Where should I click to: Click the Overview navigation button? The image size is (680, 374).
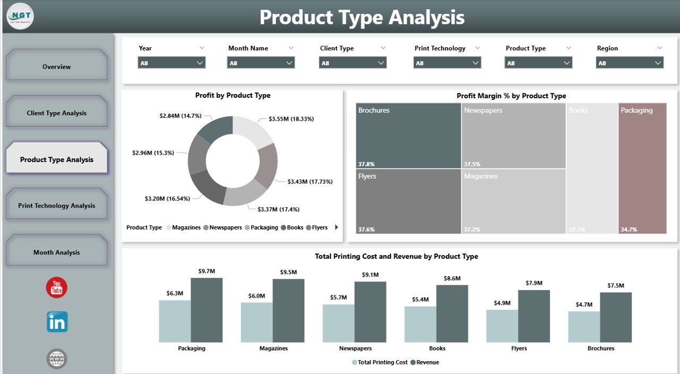coord(56,66)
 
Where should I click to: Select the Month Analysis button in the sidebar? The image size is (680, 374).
coord(56,252)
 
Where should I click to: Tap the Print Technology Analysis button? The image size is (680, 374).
coord(56,206)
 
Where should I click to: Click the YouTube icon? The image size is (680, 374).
coord(57,287)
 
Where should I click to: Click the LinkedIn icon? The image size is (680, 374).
coord(57,322)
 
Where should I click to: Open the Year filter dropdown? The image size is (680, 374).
coord(172,63)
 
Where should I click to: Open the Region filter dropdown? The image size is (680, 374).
coord(630,63)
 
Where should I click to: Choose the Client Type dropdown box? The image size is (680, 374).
coord(353,63)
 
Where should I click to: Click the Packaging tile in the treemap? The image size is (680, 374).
coord(642,168)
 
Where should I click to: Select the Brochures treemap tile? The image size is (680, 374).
coord(408,135)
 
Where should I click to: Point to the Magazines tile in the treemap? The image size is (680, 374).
coord(513,201)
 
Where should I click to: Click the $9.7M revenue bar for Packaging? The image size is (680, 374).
coord(207,310)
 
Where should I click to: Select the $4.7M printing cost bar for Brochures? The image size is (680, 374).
coord(584,327)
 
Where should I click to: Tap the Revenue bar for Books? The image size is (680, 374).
coord(452,313)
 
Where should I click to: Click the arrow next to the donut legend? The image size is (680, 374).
coord(336,227)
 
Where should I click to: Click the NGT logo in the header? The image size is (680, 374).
coord(20,16)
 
